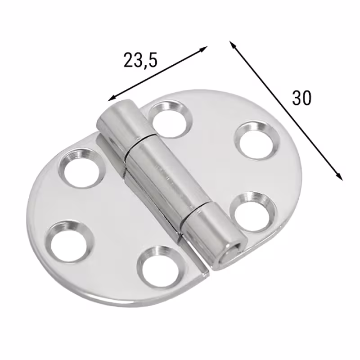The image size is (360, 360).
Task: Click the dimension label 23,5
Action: pyautogui.click(x=140, y=60)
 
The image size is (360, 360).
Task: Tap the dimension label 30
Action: pyautogui.click(x=301, y=98)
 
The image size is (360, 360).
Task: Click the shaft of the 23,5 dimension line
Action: pyautogui.click(x=157, y=74)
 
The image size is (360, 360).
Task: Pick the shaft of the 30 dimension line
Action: pyautogui.click(x=286, y=111)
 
